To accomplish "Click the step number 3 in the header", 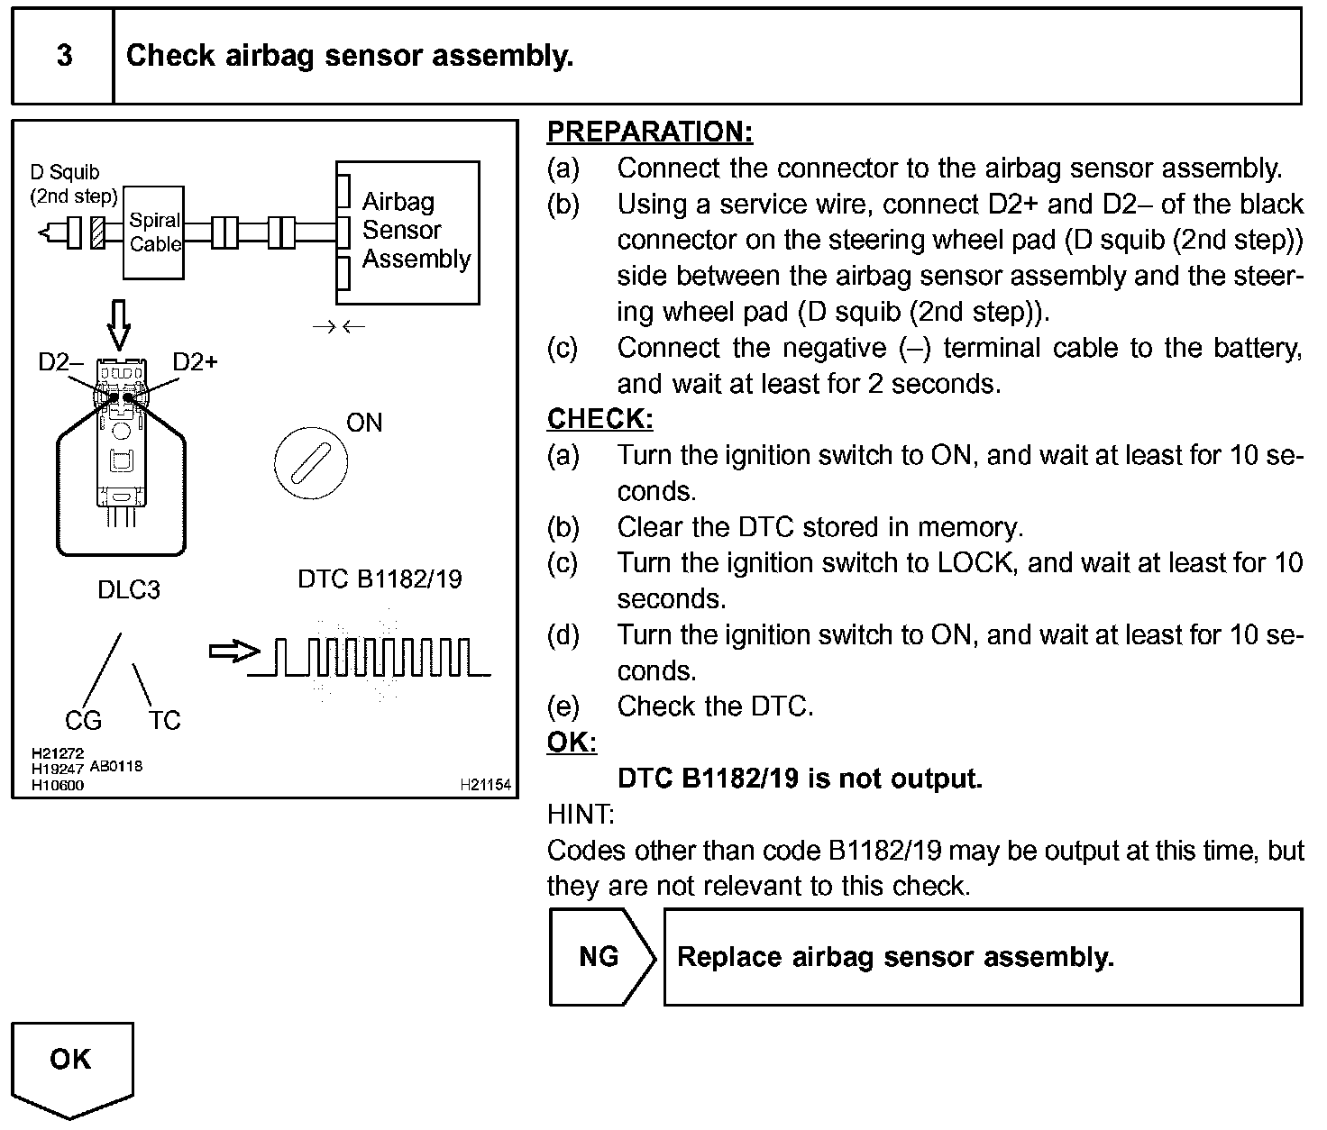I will tap(64, 56).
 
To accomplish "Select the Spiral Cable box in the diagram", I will tap(154, 232).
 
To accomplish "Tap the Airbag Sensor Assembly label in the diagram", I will tap(415, 231).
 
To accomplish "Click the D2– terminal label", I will tap(60, 362).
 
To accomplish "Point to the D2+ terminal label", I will tap(195, 362).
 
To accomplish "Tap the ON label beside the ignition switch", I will tap(364, 423).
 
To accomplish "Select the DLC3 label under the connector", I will tap(129, 590).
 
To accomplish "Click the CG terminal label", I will tap(83, 721).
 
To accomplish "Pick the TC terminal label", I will tap(164, 721).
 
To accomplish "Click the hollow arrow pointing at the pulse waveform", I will tap(233, 652).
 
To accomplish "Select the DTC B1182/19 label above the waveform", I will tap(380, 579).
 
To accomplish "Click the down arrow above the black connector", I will tap(119, 324).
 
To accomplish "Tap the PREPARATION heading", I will tap(649, 132).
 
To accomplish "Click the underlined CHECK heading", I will tap(599, 419).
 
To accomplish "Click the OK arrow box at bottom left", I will tap(72, 1065).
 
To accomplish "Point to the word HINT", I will tap(581, 815).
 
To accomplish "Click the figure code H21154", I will tap(485, 786).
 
